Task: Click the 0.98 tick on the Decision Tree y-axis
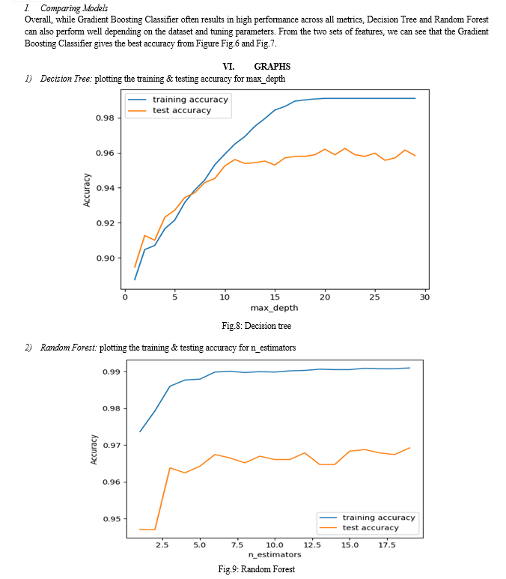coord(105,118)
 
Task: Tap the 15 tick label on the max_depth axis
coord(275,297)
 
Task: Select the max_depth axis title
coord(274,308)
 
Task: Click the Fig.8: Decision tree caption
coord(257,326)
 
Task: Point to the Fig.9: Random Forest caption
coord(257,569)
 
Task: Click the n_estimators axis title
coord(275,554)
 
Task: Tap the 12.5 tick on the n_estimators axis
coord(312,545)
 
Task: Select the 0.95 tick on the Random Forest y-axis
coord(112,519)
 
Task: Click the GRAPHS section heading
coord(272,67)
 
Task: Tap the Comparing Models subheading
coord(74,8)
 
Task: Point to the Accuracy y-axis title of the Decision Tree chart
coord(87,190)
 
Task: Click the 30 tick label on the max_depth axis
coord(425,297)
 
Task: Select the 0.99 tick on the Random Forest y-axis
coord(112,372)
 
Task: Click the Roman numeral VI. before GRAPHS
coord(228,67)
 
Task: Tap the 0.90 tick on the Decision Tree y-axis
coord(106,258)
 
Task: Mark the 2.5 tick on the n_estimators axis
coord(162,545)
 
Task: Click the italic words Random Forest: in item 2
coord(69,348)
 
